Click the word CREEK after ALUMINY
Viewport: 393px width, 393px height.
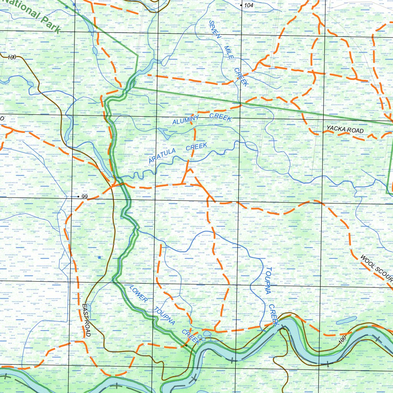click(220, 117)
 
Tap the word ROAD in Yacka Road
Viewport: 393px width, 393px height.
click(355, 131)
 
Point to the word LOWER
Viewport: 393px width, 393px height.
click(138, 294)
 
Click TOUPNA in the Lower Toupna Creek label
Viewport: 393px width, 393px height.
click(165, 316)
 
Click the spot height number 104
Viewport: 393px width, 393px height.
click(249, 5)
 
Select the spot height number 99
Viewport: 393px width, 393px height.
click(85, 196)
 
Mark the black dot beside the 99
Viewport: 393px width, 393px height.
click(79, 196)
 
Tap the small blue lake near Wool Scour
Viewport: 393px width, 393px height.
click(346, 320)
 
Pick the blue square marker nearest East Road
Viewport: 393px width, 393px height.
click(99, 257)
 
